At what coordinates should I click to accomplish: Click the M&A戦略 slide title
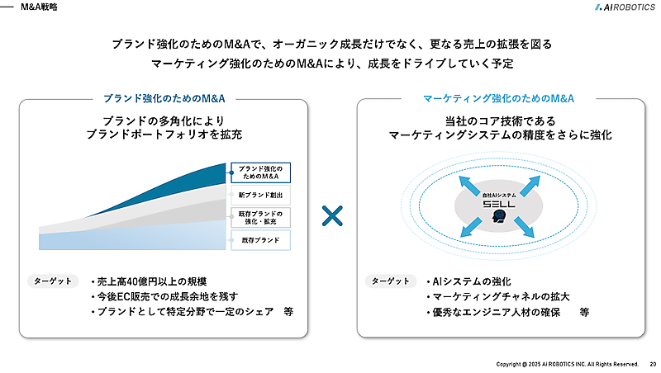[39, 7]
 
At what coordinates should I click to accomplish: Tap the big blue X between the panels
[332, 217]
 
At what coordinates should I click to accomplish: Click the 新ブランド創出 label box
[259, 196]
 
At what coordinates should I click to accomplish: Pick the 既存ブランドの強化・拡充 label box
[259, 219]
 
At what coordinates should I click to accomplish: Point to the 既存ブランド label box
[259, 241]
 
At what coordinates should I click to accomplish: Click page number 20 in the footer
[653, 364]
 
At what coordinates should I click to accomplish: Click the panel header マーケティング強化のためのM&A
[498, 98]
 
